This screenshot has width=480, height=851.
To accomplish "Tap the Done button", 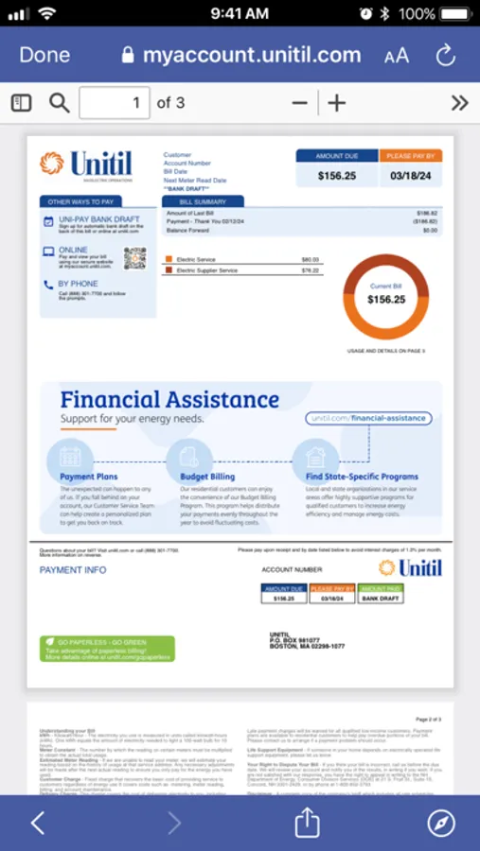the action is point(44,55).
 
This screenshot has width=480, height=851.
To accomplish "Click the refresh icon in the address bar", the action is point(446,55).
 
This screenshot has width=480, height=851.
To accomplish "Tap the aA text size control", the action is point(397,56).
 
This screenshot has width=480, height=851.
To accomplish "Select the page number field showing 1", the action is point(115,103).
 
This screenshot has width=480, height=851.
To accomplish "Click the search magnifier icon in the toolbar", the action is point(60,103).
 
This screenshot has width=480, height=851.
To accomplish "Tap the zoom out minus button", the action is point(300,103).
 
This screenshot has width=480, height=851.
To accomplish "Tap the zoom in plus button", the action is point(337,103).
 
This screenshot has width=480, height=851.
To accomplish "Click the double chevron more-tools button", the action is point(459,103).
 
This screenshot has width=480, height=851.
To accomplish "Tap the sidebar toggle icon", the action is point(21,103).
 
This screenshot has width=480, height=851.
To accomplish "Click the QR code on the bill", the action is point(134,257).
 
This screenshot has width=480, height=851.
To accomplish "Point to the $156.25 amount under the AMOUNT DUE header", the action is point(336,175).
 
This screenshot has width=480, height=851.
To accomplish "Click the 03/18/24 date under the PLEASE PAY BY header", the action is point(410,175).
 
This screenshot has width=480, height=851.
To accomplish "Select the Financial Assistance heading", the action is point(169,399).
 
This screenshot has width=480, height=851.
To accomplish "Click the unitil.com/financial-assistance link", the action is point(369,418).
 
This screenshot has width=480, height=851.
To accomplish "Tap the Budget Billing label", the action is point(206,477).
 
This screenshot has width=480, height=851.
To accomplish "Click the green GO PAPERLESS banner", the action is point(107,649).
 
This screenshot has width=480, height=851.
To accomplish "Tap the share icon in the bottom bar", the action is point(307,823).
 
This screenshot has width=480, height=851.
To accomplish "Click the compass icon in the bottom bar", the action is point(441,823).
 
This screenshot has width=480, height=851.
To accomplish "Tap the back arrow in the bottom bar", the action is point(38,823).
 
